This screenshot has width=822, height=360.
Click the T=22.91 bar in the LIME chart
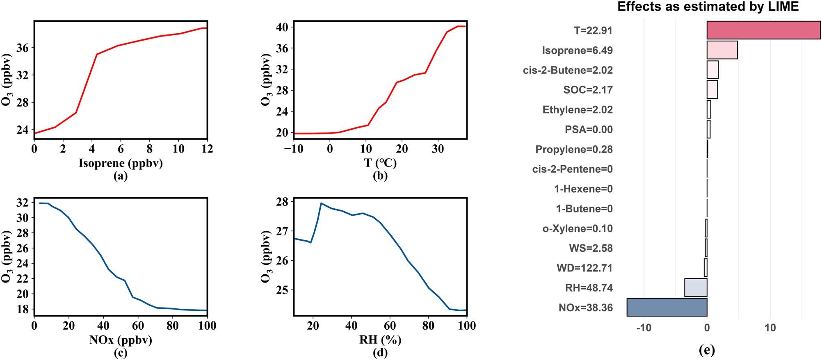[x=763, y=30]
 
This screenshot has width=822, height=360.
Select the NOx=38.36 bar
[x=667, y=307]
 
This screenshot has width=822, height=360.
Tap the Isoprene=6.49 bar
[x=722, y=50]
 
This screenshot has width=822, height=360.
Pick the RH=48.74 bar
[x=696, y=287]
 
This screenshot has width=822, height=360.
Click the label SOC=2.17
[x=588, y=90]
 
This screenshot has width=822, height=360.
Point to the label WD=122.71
[x=584, y=268]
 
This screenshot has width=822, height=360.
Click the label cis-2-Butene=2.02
[x=568, y=70]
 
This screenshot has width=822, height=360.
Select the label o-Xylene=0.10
[x=578, y=228]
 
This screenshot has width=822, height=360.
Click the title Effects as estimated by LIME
[x=708, y=7]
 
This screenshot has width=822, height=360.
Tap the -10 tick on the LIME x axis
[x=643, y=328]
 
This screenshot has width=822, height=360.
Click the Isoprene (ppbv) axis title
[x=121, y=163]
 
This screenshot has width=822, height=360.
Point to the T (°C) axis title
[x=380, y=163]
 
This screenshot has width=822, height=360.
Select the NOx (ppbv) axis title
[x=121, y=339]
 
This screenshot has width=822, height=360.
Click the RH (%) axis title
[x=380, y=339]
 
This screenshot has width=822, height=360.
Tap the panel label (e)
[x=707, y=349]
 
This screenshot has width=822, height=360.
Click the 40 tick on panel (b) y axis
[x=284, y=27]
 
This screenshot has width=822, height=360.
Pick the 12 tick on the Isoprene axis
[x=207, y=149]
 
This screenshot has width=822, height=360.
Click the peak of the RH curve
[x=321, y=203]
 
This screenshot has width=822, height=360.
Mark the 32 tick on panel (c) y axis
[x=23, y=203]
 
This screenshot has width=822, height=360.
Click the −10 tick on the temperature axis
[x=294, y=149]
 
